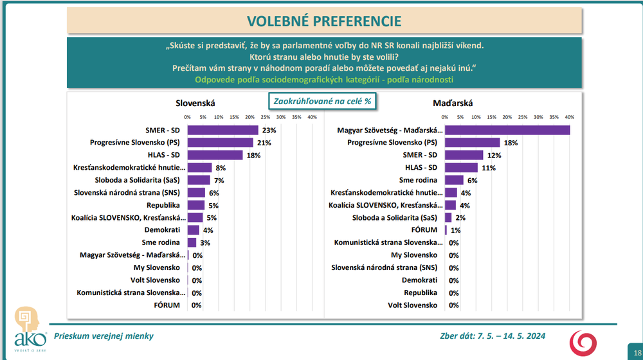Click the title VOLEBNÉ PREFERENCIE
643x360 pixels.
click(324, 21)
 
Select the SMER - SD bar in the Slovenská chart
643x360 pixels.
click(222, 130)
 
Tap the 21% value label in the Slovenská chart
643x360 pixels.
click(264, 143)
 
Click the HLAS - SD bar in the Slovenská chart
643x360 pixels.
click(215, 155)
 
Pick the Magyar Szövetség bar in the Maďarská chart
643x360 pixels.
click(507, 130)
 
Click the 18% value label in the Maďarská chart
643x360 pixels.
click(511, 143)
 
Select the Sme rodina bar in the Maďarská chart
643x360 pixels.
click(454, 180)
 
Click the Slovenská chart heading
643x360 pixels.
click(195, 104)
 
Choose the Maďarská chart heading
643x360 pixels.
click(454, 104)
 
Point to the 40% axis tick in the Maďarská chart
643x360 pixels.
click(570, 117)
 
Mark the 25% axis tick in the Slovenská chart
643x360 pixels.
click(266, 117)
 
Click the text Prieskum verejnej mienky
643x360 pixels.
click(104, 336)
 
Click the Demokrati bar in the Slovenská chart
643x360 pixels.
click(194, 230)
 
